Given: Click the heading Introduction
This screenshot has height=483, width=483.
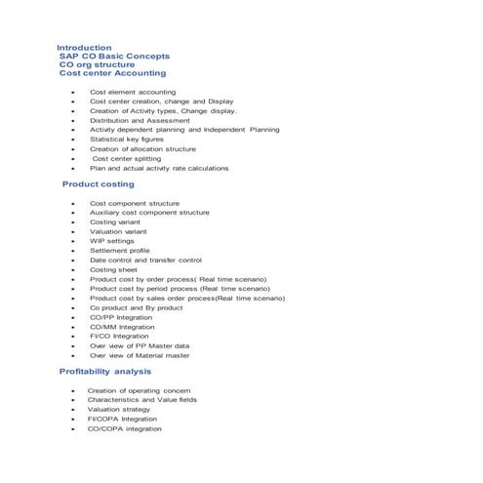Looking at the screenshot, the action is click(84, 47).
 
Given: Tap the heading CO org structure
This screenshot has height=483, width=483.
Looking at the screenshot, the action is click(103, 64).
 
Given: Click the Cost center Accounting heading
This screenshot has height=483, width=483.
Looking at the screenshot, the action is click(112, 73).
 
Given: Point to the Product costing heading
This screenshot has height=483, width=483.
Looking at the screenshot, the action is click(98, 183).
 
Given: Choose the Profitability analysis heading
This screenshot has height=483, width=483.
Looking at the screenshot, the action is click(105, 371).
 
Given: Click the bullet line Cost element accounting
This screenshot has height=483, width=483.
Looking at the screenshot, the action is click(133, 92).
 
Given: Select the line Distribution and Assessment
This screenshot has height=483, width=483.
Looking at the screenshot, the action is click(140, 120).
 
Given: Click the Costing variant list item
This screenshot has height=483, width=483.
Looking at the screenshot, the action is click(115, 221).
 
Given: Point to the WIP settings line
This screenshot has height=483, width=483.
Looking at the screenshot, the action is click(112, 241).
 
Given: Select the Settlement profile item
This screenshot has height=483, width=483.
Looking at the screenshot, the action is click(120, 251).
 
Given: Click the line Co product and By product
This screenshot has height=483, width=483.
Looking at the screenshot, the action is click(136, 307).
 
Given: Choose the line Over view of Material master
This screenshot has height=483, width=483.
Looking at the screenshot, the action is click(140, 355).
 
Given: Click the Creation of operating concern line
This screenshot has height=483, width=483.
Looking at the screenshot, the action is click(139, 390).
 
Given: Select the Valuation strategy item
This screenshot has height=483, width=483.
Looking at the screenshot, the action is click(118, 409).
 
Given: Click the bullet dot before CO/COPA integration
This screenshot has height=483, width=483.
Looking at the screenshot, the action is click(72, 428).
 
